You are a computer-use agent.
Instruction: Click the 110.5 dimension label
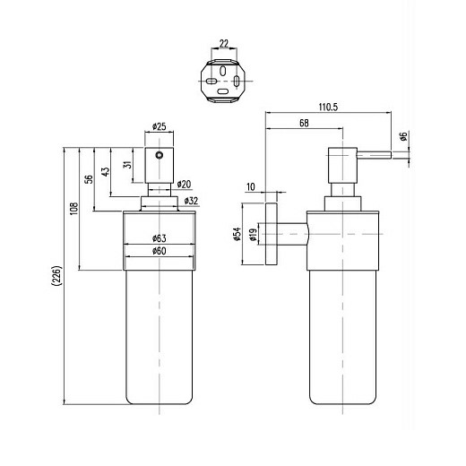328,107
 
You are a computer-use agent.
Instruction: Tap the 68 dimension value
304,123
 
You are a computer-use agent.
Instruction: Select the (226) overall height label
56,276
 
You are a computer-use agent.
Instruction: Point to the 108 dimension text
73,209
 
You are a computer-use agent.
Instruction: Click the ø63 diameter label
159,238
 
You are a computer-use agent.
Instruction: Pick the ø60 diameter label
159,251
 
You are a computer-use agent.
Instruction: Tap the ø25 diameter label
159,126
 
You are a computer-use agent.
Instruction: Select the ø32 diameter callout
191,201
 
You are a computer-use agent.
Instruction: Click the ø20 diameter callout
184,185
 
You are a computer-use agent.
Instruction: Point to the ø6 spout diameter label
403,136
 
